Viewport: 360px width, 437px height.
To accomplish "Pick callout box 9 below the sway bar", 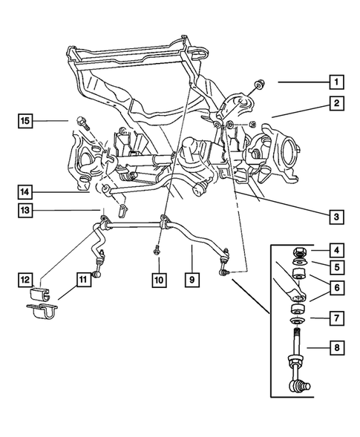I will (x=192, y=280).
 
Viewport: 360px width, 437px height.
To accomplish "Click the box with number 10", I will (x=158, y=280).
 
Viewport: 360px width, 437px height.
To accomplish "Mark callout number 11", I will (x=82, y=280).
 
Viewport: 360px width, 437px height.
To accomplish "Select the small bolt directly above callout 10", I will (x=158, y=250).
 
